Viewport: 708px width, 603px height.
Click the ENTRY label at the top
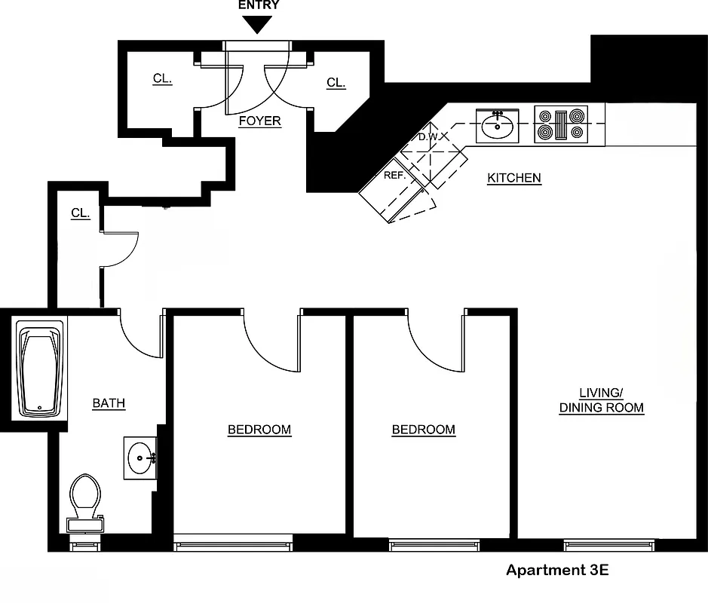pyautogui.click(x=259, y=5)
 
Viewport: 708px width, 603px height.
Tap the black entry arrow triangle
pyautogui.click(x=259, y=25)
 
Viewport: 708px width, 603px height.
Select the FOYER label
pyautogui.click(x=259, y=121)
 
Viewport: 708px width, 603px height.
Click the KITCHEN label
pyautogui.click(x=513, y=178)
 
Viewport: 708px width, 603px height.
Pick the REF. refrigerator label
pyautogui.click(x=394, y=174)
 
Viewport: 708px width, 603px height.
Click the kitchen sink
pyautogui.click(x=497, y=125)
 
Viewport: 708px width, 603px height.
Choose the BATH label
pyautogui.click(x=109, y=403)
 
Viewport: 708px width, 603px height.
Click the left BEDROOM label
pyautogui.click(x=259, y=430)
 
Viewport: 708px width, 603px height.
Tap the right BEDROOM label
pyautogui.click(x=423, y=430)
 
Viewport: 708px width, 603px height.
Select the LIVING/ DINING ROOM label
pyautogui.click(x=601, y=400)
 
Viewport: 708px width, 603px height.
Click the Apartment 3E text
pyautogui.click(x=556, y=570)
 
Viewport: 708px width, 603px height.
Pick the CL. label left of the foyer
pyautogui.click(x=162, y=78)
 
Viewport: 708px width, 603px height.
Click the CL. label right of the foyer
pyautogui.click(x=336, y=83)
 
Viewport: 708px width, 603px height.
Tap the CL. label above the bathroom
pyautogui.click(x=80, y=213)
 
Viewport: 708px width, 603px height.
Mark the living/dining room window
pyautogui.click(x=608, y=545)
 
